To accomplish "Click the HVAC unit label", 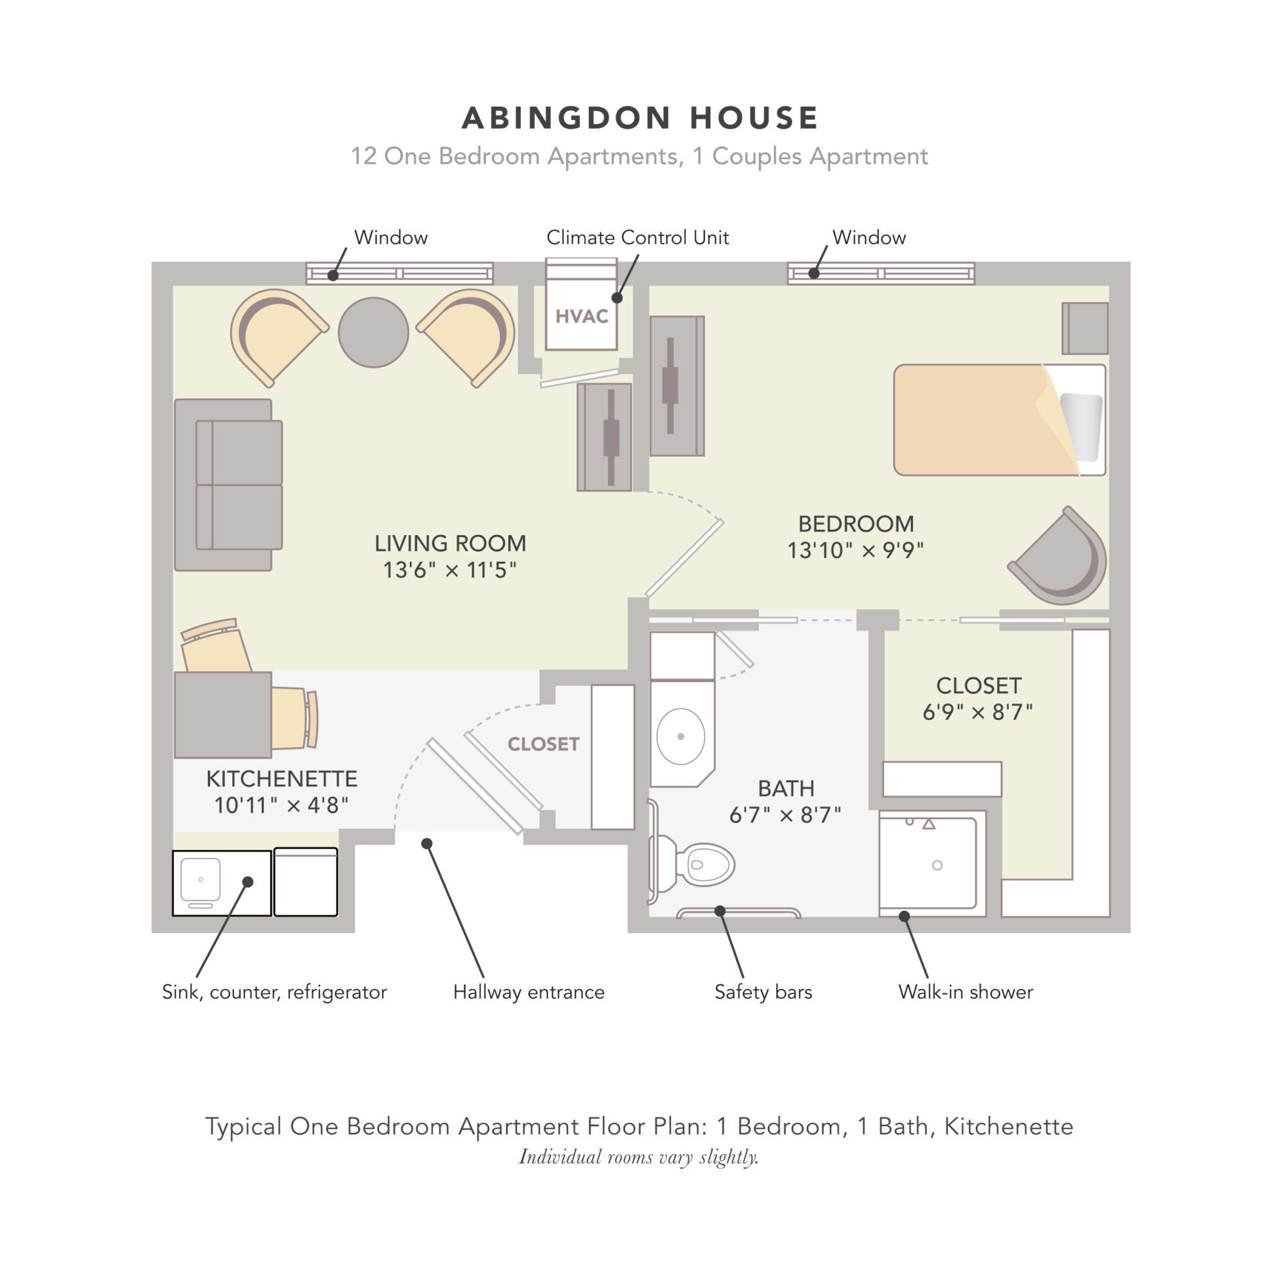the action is [581, 316].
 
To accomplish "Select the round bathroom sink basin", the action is [680, 736].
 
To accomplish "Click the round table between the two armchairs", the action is [373, 332].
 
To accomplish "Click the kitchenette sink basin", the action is [200, 879].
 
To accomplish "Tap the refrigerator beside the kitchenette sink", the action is [306, 882].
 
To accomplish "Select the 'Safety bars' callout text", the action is [763, 991].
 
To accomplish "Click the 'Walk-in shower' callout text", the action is [965, 991].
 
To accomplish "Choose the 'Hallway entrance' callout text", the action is [529, 991].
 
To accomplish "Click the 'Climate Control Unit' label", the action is [637, 237].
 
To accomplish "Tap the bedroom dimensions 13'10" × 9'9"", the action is [855, 550].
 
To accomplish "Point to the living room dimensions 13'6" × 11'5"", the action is [449, 570].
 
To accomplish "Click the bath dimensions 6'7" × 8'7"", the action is [785, 814].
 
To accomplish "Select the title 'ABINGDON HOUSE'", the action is [640, 118].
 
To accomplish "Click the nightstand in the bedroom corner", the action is [1084, 329].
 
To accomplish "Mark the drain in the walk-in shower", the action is [937, 866].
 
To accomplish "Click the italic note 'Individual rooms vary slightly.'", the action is [639, 1157].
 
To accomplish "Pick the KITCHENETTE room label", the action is [281, 778].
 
